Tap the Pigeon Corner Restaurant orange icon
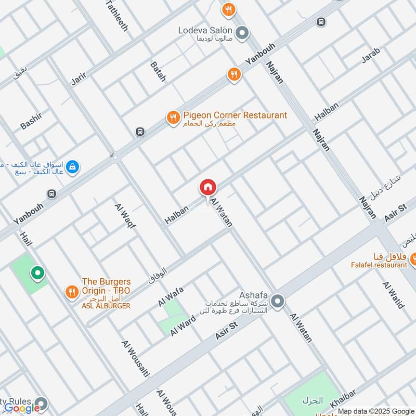click(173, 118)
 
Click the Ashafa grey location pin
click(277, 301)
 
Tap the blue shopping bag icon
click(73, 166)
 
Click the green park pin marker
click(37, 272)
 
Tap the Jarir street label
click(79, 76)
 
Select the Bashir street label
click(31, 120)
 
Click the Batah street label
click(158, 71)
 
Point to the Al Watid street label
click(393, 295)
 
